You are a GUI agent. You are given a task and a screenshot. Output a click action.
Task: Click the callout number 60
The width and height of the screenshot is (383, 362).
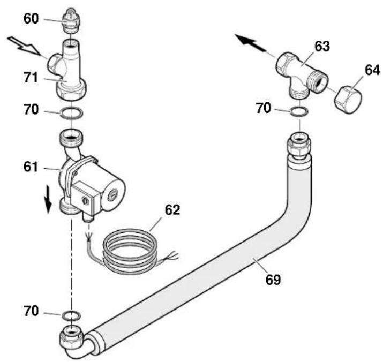click(31, 19)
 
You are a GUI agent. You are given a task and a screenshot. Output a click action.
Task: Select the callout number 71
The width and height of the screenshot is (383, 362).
click(31, 78)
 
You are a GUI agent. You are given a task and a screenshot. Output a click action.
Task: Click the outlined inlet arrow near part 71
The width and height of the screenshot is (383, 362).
click(24, 46)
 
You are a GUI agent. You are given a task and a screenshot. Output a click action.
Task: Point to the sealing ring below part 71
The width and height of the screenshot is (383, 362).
click(71, 113)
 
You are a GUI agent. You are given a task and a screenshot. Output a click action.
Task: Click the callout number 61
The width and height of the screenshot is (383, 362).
click(31, 167)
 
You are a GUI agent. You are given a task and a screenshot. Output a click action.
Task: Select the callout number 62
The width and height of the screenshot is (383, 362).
click(172, 210)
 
